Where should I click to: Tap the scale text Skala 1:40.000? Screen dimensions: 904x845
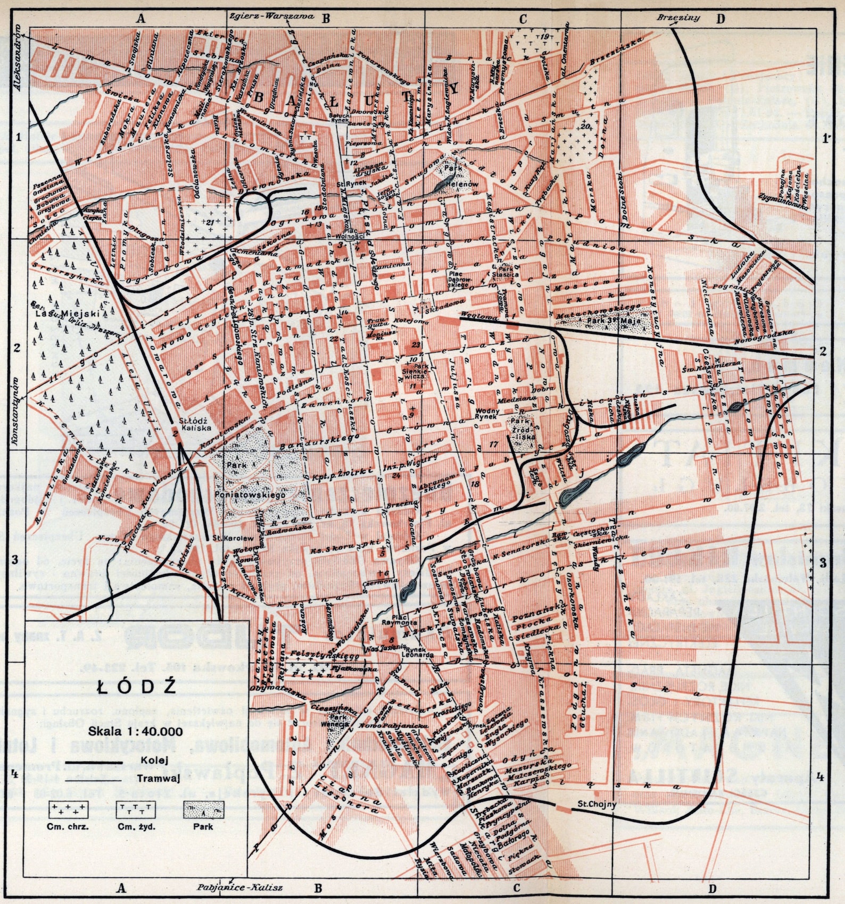pyautogui.click(x=136, y=731)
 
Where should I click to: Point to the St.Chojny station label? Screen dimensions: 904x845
pyautogui.click(x=597, y=804)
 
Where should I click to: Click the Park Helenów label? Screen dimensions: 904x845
pyautogui.click(x=454, y=176)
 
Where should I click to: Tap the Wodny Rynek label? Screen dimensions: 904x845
pyautogui.click(x=487, y=414)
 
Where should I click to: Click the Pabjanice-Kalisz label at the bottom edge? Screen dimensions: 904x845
pyautogui.click(x=239, y=888)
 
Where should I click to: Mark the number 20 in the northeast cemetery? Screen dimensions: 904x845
pyautogui.click(x=585, y=127)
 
